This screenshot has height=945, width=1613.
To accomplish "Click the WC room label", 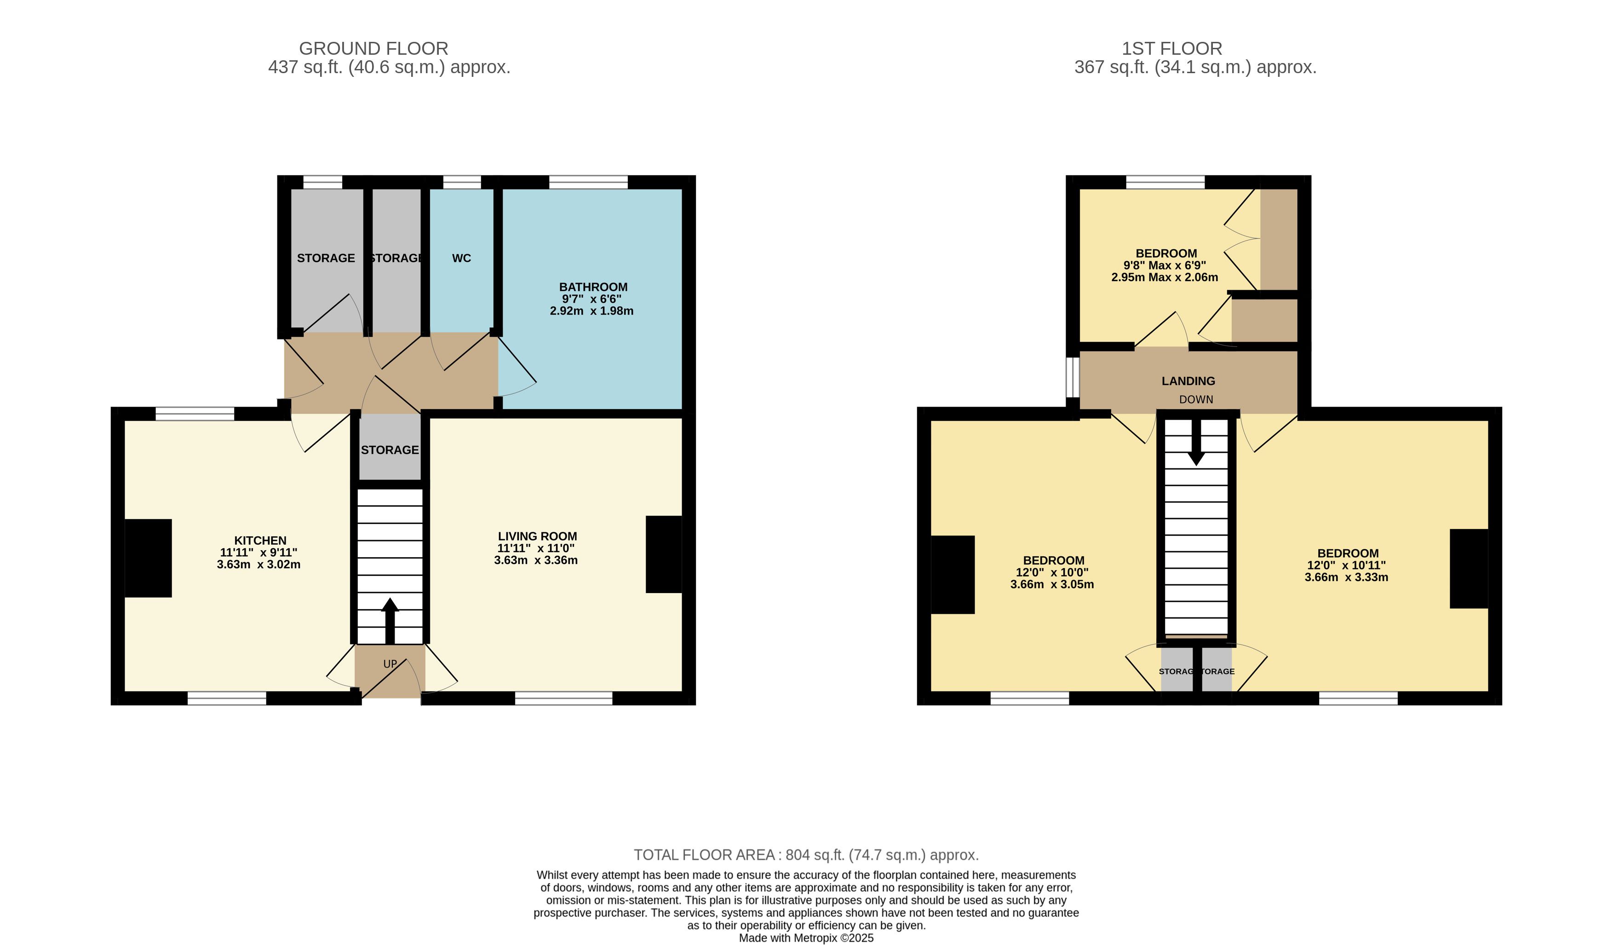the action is pos(461,258).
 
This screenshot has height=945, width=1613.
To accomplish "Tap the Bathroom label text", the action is pos(593,287).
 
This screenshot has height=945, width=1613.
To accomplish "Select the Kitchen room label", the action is pos(260,541).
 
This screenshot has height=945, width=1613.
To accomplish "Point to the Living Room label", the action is pos(538,536).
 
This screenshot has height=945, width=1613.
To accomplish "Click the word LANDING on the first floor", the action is pos(1188,381).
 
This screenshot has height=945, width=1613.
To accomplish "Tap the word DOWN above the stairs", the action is pos(1196,399).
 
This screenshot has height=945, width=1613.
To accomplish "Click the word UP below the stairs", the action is pos(390,664).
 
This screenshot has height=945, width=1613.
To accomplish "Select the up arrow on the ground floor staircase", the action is pos(390,620).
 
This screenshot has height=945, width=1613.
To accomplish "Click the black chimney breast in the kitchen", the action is pos(148,558).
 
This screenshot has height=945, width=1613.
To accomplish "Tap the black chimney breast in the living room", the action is pos(664,554).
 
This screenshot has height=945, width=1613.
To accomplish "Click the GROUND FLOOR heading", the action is pos(374,49).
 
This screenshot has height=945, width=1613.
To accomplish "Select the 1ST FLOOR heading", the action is pos(1172,49).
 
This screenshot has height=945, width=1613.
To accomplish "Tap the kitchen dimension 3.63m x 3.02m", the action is pos(258,565).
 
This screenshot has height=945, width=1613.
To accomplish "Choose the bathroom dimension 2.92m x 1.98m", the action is pos(591,311).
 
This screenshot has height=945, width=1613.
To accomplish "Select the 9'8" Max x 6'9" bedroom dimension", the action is pos(1165,265).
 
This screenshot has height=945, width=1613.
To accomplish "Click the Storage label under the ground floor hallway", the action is pos(390,450).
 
